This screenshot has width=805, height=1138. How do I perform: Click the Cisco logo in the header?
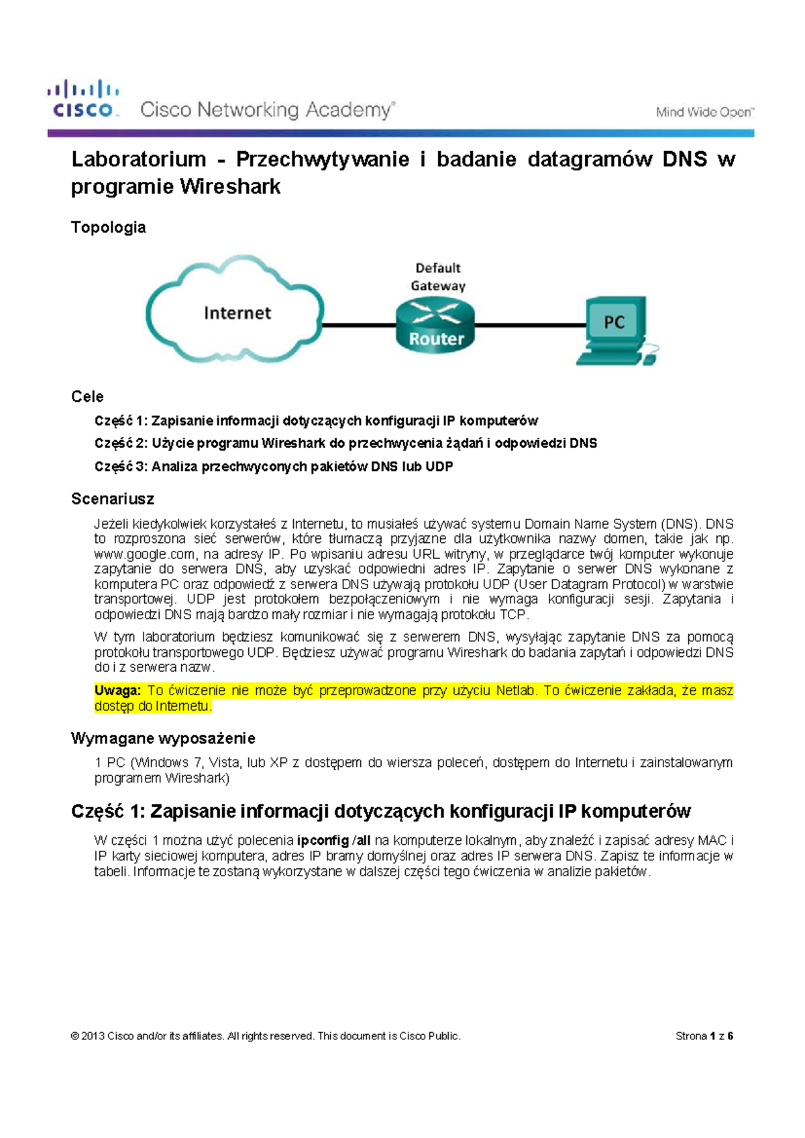[x=83, y=99]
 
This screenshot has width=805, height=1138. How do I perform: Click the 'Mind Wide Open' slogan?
[x=704, y=112]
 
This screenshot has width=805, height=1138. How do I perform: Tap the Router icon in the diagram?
[x=435, y=325]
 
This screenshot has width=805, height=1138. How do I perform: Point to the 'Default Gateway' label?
[x=437, y=276]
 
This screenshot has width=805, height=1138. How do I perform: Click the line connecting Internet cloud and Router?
[x=359, y=325]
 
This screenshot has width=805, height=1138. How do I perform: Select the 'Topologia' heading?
[x=108, y=227]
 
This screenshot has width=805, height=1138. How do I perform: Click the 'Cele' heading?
[x=87, y=396]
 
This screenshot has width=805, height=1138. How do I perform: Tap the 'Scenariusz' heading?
[x=112, y=499]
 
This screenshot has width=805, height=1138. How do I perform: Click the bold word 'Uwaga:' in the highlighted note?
[x=117, y=690]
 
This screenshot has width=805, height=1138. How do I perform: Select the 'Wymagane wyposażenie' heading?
[x=163, y=738]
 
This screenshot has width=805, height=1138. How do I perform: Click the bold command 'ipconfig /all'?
[x=333, y=840]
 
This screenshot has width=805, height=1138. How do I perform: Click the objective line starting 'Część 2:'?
[x=345, y=443]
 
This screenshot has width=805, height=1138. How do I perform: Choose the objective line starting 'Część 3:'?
[x=274, y=466]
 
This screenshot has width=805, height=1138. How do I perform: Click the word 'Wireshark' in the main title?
[x=230, y=187]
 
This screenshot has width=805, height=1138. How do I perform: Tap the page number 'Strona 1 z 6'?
[x=704, y=1035]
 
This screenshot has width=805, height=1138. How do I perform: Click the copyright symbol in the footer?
[x=74, y=1035]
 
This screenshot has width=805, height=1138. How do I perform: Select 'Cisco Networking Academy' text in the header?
[x=266, y=109]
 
